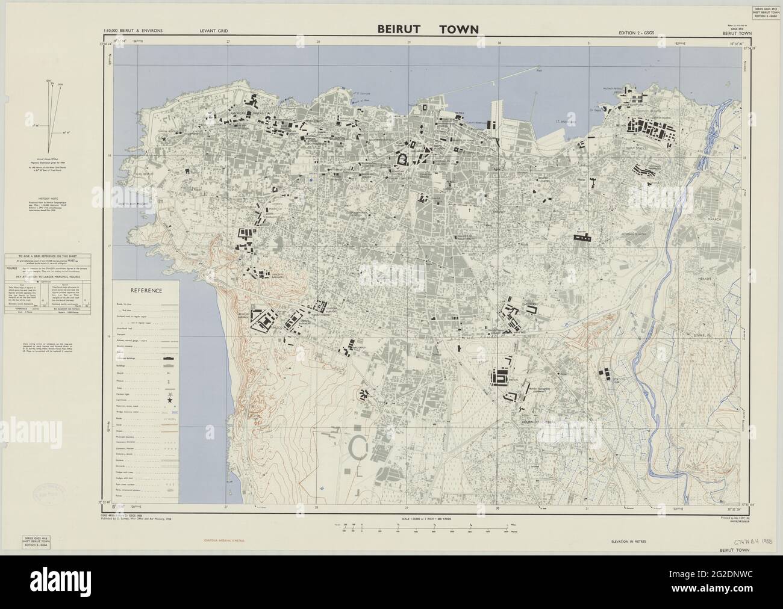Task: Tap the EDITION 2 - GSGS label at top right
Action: [639, 31]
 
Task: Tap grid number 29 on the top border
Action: [409, 42]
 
